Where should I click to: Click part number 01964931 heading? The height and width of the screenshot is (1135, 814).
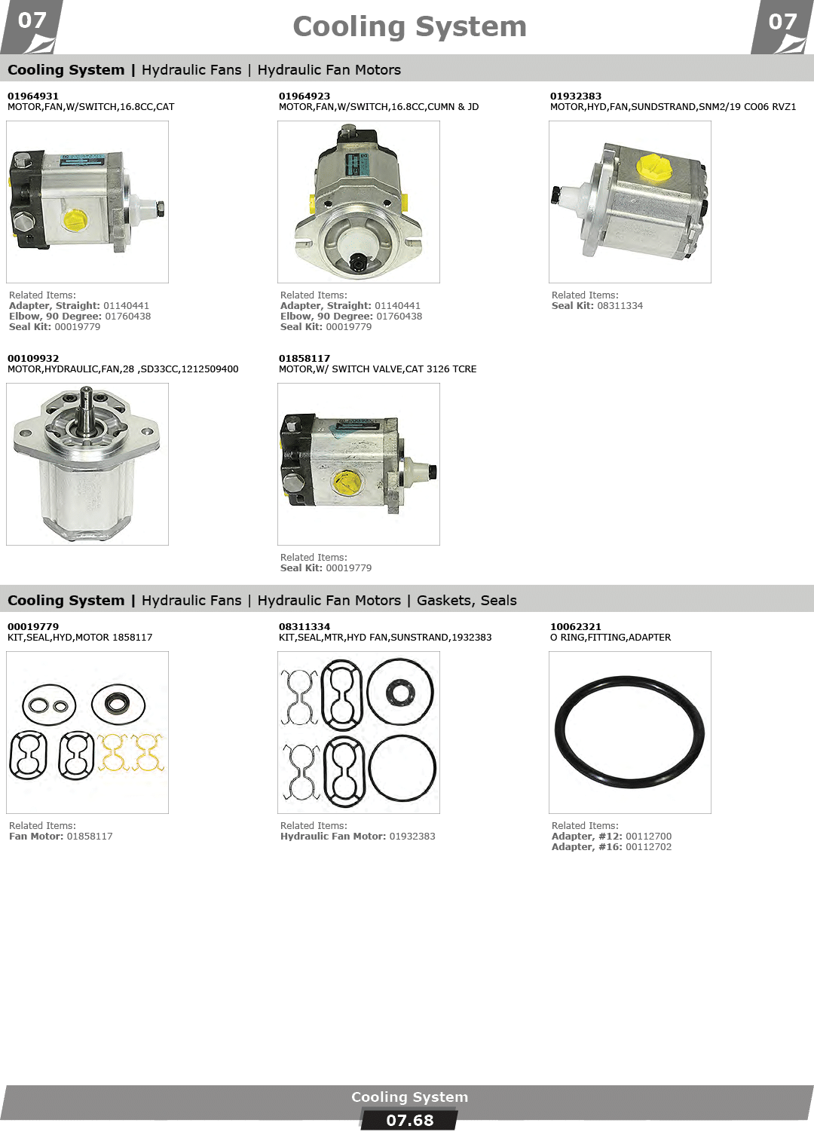tap(33, 96)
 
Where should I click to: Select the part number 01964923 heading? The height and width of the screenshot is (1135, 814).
tap(304, 96)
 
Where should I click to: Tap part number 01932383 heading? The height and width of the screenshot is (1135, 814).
tap(576, 96)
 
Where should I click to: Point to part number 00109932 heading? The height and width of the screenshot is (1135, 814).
tap(33, 358)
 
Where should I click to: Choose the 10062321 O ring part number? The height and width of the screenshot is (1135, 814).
tap(576, 627)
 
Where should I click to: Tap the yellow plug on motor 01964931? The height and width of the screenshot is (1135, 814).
tap(75, 220)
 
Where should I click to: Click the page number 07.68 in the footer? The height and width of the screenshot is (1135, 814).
tap(409, 1121)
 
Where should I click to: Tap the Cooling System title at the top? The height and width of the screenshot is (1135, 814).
tap(409, 26)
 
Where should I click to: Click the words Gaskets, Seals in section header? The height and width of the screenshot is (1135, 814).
tap(467, 601)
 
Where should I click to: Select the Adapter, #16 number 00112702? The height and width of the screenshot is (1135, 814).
tap(648, 846)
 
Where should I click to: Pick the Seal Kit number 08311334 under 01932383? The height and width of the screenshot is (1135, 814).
tap(620, 305)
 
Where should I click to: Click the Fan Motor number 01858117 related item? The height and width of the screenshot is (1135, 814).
tap(90, 836)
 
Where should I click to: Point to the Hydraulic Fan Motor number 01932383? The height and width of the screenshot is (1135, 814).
tap(412, 836)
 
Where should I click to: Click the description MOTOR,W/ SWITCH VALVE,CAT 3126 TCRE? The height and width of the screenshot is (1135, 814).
tap(378, 369)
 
